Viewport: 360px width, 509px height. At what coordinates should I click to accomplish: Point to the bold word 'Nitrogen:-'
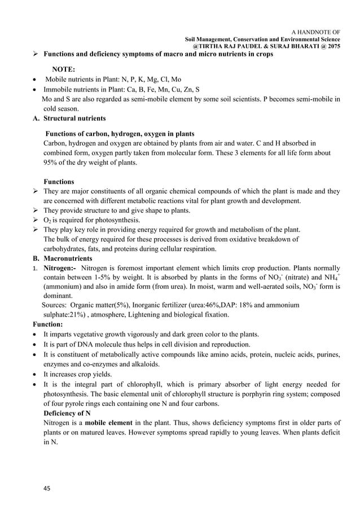[60, 268]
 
